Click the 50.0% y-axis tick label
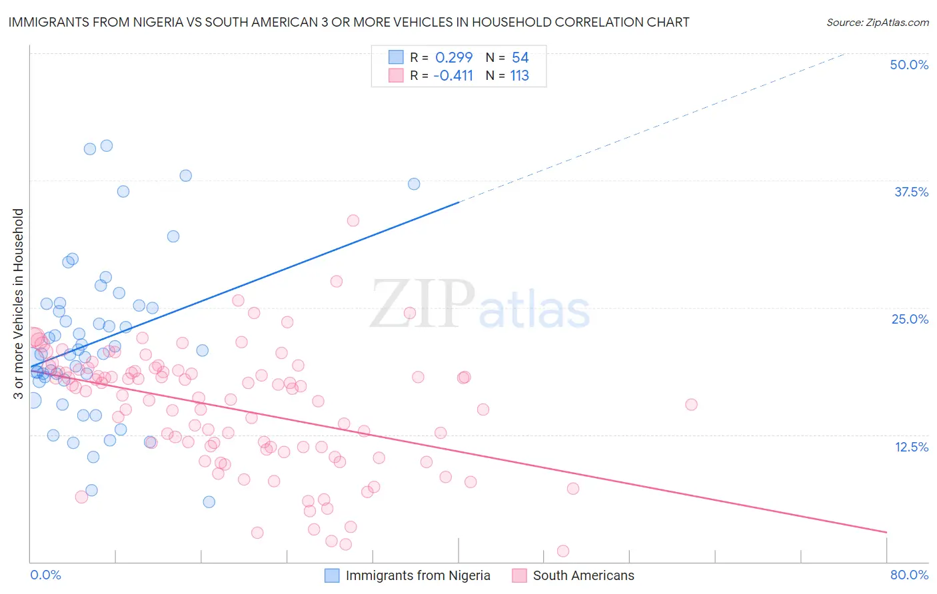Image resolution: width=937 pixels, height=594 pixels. (909, 65)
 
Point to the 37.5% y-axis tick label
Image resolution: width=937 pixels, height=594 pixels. (911, 192)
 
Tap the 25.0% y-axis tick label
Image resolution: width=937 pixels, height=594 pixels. (910, 319)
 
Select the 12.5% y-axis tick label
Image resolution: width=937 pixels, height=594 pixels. (911, 447)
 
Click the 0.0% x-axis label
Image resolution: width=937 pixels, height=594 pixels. (45, 575)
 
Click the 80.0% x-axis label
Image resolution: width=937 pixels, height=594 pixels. (909, 575)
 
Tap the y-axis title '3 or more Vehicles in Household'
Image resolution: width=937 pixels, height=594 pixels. (18, 304)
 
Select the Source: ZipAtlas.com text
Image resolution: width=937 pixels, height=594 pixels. (877, 22)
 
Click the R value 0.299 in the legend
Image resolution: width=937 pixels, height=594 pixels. (454, 57)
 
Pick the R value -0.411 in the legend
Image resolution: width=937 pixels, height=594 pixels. (453, 75)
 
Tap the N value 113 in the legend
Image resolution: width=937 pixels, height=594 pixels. (519, 75)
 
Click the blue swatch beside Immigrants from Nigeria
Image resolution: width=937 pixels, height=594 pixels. (332, 575)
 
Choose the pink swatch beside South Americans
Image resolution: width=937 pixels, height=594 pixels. (519, 575)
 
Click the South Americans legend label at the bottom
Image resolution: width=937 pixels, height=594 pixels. (583, 575)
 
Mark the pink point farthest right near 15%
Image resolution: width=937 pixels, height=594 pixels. (691, 404)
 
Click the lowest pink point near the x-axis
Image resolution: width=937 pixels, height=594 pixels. (562, 551)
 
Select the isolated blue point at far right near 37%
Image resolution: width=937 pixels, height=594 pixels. (414, 184)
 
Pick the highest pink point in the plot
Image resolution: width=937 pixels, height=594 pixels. (353, 220)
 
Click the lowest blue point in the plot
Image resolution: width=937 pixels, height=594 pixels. (209, 501)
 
